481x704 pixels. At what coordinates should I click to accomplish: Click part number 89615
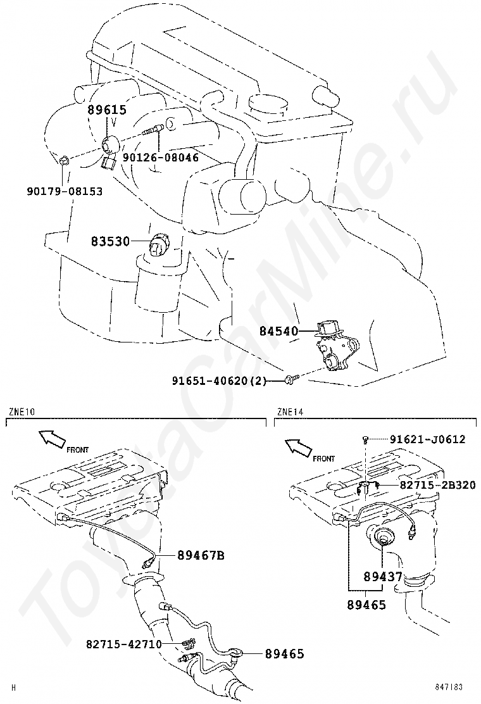point(107,110)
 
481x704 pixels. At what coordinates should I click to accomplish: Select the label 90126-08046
point(161,157)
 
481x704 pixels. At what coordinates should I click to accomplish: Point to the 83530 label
point(110,241)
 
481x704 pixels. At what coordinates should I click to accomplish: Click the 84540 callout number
point(278,330)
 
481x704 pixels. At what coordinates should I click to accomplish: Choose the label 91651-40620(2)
point(220,380)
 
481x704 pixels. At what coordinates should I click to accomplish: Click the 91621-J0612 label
point(427,439)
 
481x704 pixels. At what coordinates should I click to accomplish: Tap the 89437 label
point(384,577)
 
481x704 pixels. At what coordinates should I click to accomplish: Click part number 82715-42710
point(124,644)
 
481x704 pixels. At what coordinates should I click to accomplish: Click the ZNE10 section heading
point(22,412)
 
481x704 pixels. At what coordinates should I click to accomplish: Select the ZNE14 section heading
point(290,412)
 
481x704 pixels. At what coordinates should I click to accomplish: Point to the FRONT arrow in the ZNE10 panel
point(49,437)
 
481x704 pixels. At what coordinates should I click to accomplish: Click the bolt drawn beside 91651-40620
point(290,380)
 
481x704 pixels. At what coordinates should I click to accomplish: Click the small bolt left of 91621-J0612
point(366,439)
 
